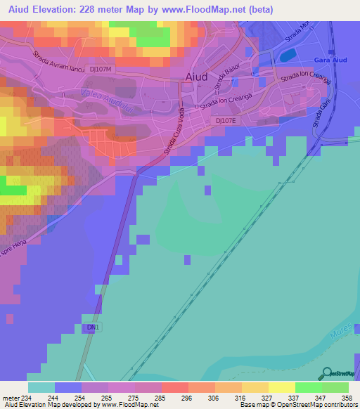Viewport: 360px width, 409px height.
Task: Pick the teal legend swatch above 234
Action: (x=41, y=387)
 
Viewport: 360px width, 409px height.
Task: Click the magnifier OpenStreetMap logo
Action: (x=327, y=372)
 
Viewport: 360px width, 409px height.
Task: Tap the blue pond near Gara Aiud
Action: (x=288, y=53)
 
